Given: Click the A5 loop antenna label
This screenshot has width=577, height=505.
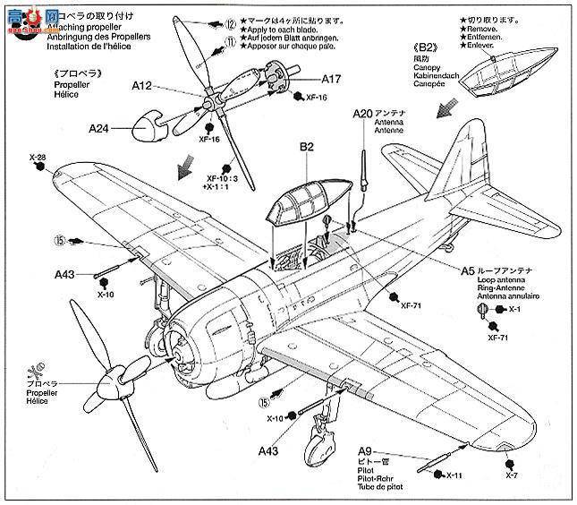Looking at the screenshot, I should point(468,270).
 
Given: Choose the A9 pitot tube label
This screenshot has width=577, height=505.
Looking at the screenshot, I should point(365,450).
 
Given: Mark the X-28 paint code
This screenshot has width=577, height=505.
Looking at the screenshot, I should point(37,158).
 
